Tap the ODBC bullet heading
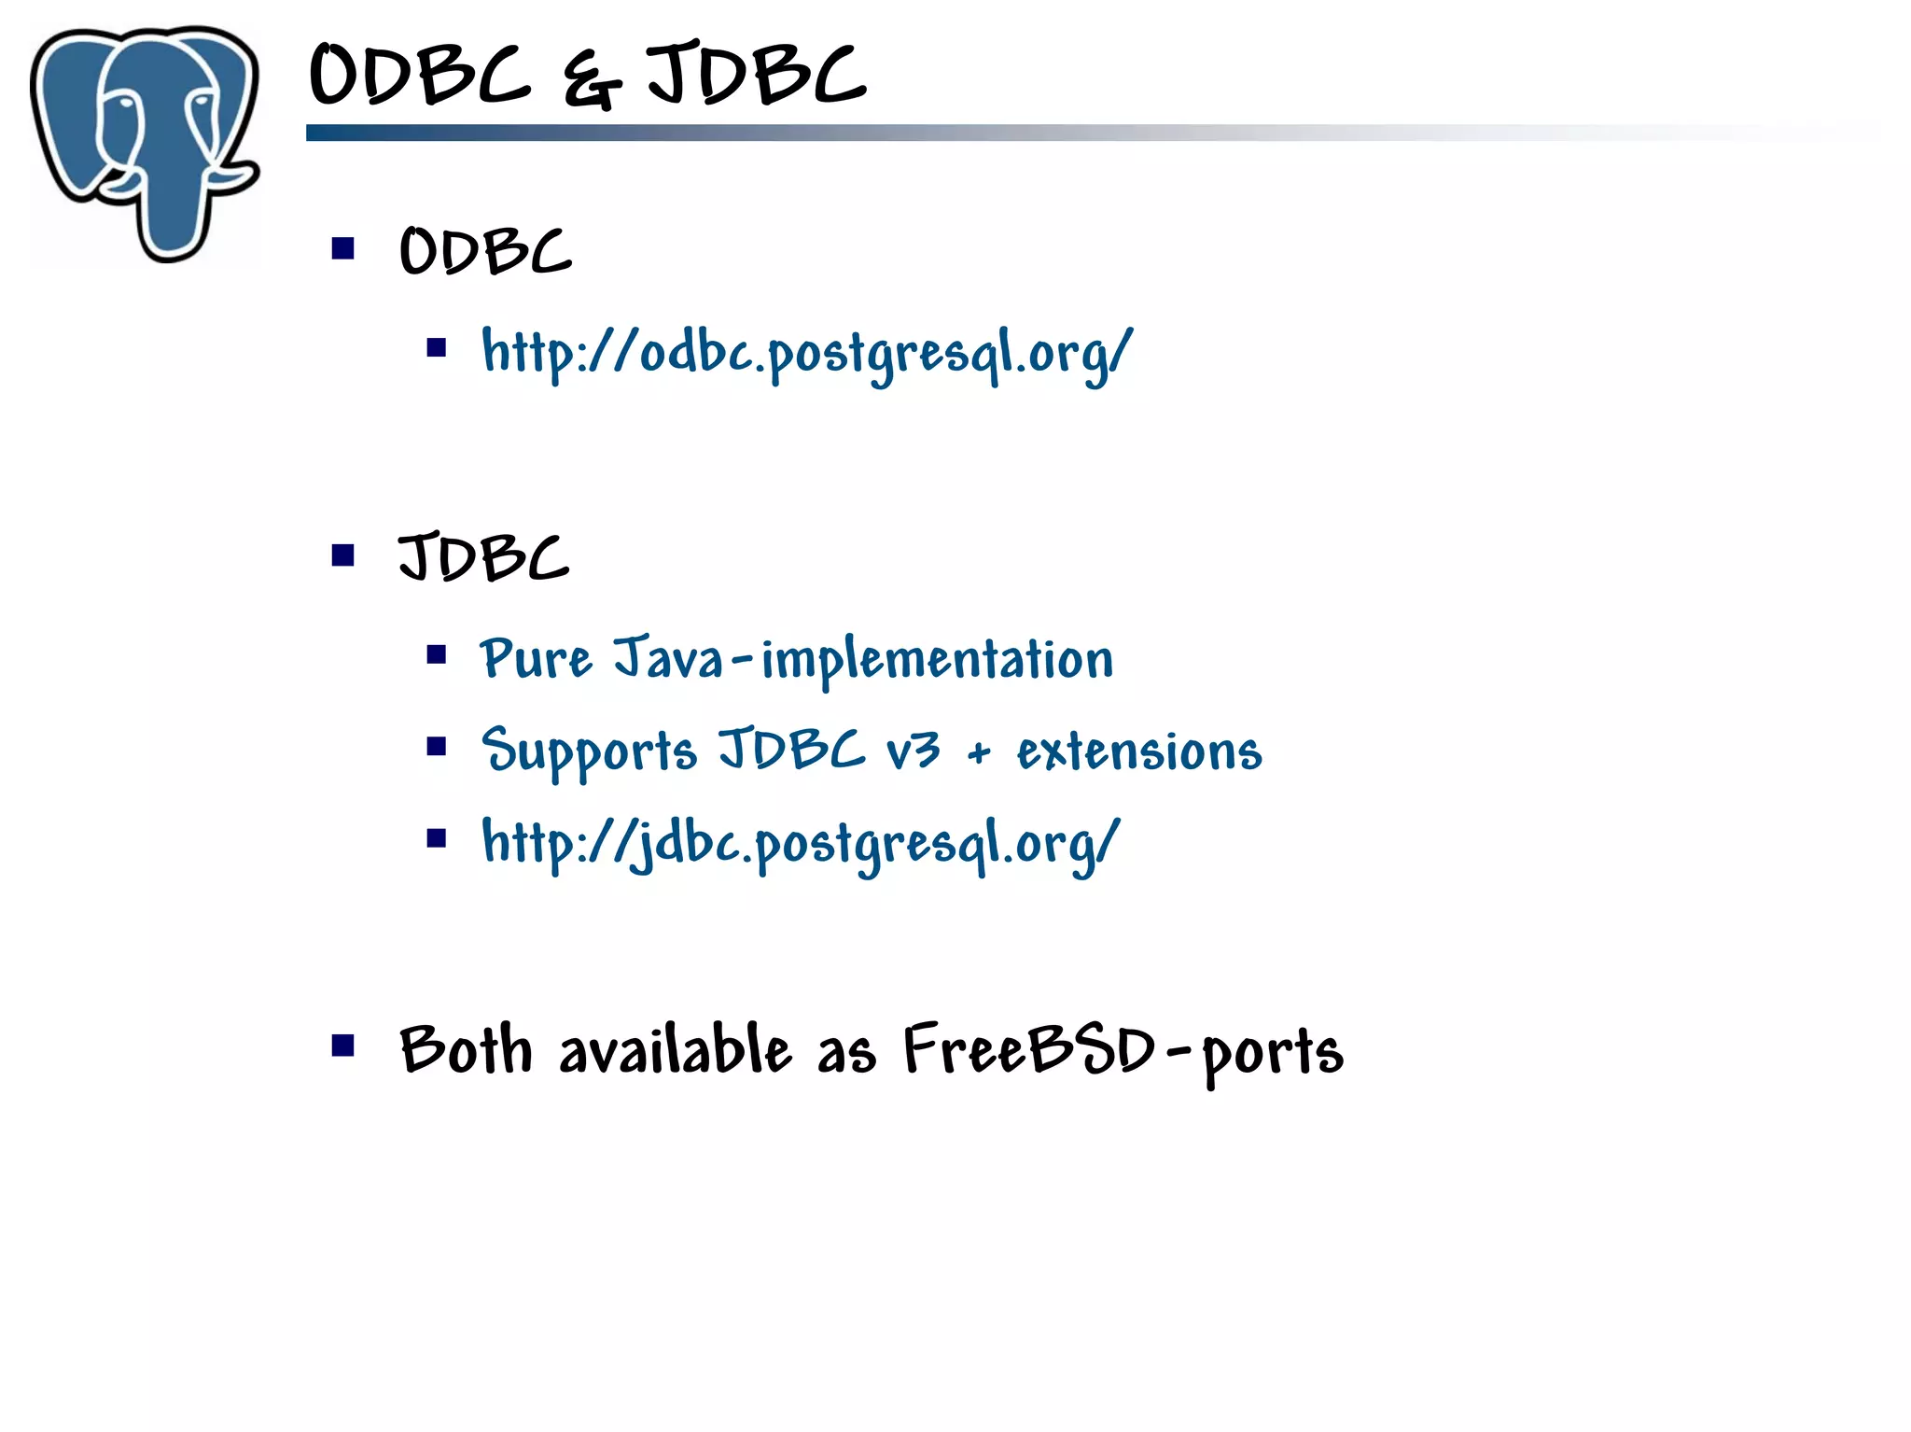click(485, 251)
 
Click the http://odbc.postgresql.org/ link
click(807, 354)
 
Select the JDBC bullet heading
click(483, 557)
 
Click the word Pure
click(536, 658)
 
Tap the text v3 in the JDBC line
click(913, 750)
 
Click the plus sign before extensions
click(978, 752)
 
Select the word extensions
click(1139, 751)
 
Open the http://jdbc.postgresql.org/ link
click(801, 844)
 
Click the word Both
click(466, 1049)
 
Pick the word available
click(676, 1049)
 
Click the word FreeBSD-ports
click(1123, 1051)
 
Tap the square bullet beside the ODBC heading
click(343, 248)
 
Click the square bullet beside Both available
click(343, 1046)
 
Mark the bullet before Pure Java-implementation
click(437, 654)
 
